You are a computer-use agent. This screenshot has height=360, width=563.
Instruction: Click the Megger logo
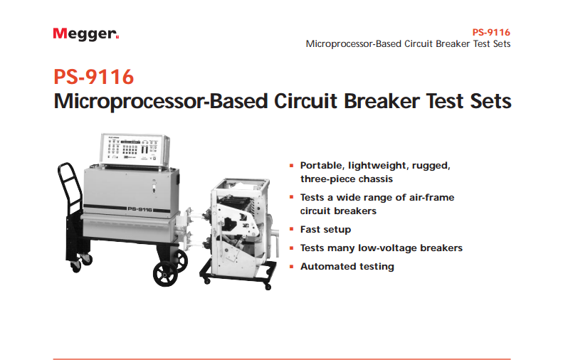tap(86, 34)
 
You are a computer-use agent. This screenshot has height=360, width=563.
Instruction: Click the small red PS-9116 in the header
tap(491, 32)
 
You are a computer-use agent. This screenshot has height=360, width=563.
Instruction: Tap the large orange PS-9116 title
tap(94, 77)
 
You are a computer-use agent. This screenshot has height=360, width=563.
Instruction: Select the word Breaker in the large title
tap(382, 101)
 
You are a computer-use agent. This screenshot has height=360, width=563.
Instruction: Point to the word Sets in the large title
tap(490, 101)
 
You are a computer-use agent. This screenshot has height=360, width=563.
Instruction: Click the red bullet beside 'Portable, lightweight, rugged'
tap(292, 166)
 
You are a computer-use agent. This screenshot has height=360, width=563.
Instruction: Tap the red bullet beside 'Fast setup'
tap(292, 229)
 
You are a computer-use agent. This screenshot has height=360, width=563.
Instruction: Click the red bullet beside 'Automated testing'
tap(292, 266)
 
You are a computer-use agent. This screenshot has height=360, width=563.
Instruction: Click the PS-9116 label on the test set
tap(140, 209)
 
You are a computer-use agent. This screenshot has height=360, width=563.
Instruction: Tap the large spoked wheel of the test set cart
tap(165, 274)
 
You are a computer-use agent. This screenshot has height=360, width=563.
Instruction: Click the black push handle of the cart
tap(70, 189)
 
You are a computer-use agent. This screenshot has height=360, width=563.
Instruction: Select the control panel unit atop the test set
tap(135, 149)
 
